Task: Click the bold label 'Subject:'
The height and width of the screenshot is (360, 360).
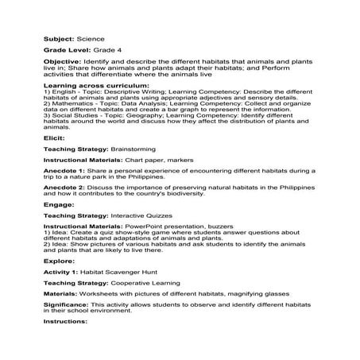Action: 59,37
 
